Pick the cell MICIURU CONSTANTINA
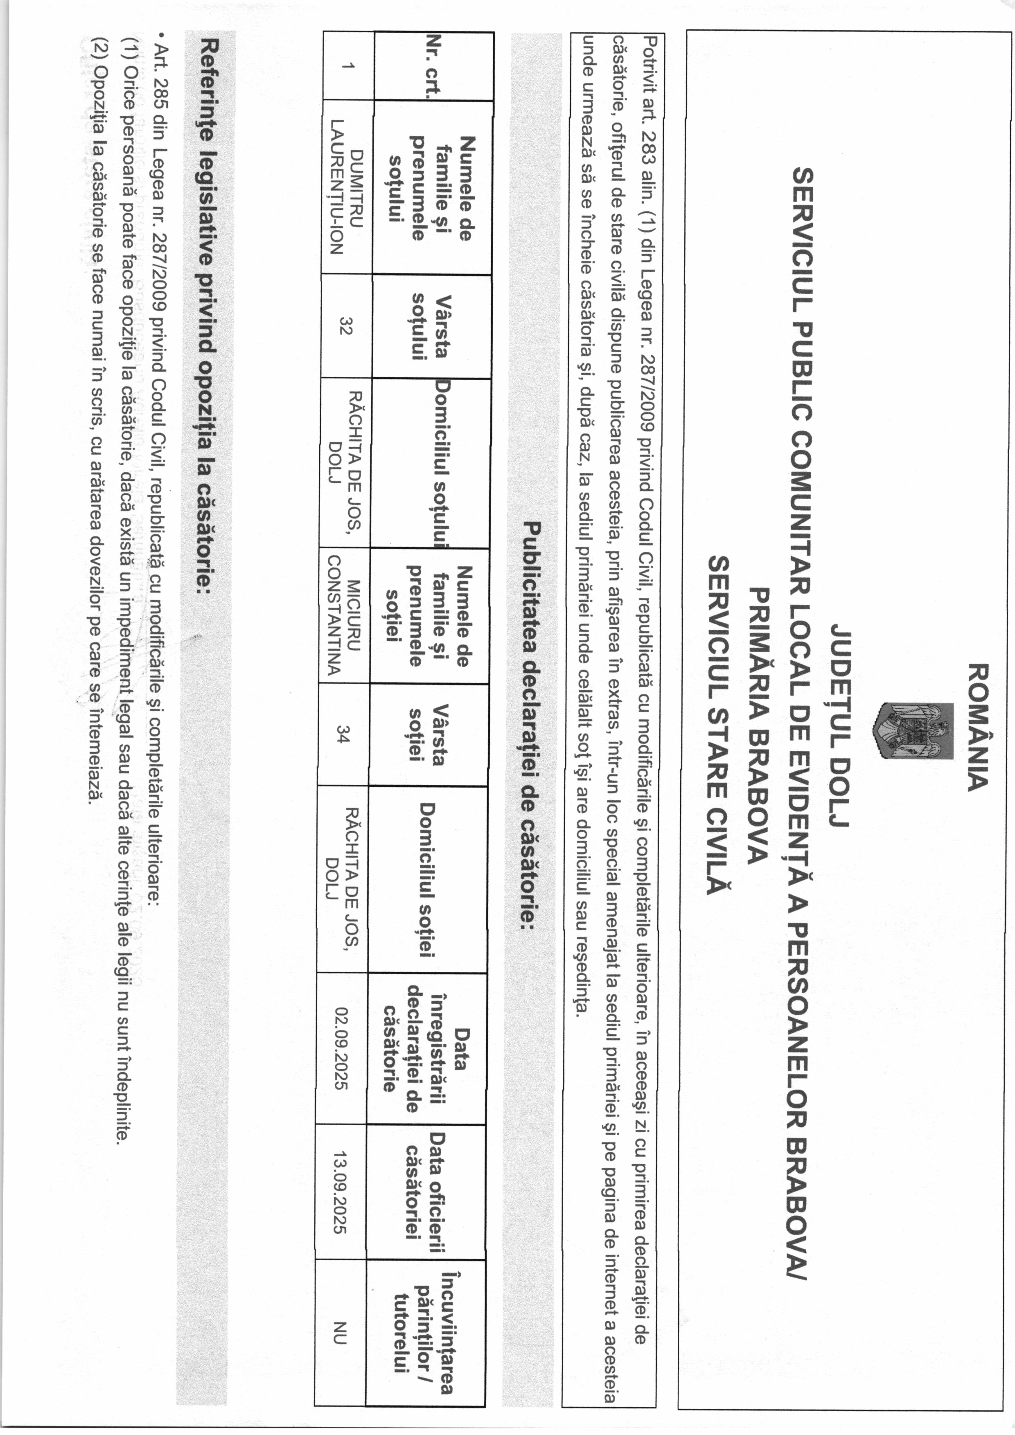[344, 616]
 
